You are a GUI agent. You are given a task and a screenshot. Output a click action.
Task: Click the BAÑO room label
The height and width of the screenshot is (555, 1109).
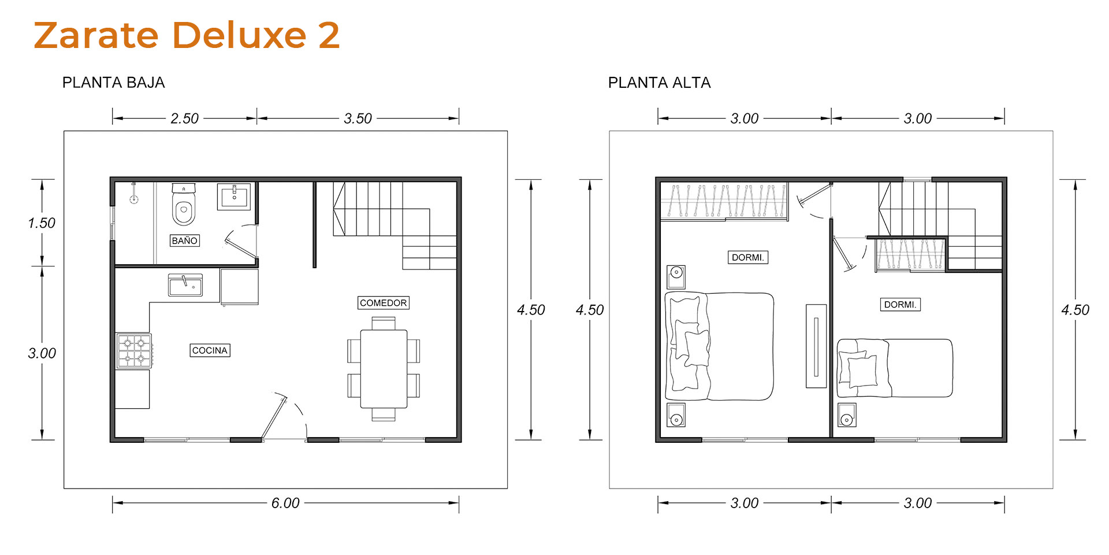185,240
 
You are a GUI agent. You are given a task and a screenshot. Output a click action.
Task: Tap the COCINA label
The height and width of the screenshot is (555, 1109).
210,350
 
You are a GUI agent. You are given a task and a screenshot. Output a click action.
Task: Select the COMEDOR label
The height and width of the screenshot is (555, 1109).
384,303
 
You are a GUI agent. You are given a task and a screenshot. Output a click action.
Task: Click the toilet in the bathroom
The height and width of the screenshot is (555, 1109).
184,205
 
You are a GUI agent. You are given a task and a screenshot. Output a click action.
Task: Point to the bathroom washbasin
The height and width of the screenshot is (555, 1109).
234,197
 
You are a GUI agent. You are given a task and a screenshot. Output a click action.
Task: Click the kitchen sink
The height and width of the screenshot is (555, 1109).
185,285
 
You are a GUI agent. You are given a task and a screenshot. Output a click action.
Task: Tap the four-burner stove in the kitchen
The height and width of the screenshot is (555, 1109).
134,351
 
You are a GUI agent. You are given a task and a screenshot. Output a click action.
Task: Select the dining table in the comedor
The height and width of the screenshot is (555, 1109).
384,368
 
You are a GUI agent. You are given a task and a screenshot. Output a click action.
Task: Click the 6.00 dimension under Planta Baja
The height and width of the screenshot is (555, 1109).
285,503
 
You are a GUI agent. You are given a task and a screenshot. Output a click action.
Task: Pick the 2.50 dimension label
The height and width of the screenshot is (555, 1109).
184,119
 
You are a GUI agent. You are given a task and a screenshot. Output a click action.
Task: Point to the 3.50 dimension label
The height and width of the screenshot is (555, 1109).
358,119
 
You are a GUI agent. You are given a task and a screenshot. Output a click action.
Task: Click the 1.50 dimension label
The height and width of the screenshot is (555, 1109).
42,223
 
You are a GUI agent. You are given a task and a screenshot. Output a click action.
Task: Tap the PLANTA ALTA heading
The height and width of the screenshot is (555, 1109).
659,83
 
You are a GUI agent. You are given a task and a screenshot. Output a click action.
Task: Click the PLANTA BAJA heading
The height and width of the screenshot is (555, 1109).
113,83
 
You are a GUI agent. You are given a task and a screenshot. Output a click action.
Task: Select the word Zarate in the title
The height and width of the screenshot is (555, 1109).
96,35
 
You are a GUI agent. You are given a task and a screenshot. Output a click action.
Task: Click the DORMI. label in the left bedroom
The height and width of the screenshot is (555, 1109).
748,257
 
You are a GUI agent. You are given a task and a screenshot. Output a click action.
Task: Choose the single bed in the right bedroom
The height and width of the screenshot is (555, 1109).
895,368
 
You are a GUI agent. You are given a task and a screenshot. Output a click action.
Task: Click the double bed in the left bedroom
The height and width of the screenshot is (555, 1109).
719,346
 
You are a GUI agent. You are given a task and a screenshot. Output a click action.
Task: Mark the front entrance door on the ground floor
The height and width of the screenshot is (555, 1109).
274,416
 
